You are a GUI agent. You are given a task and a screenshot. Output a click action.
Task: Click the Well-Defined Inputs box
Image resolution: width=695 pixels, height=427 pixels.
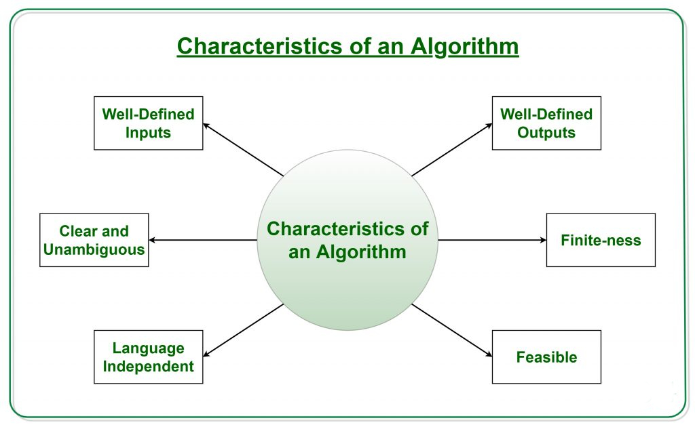[x=148, y=123]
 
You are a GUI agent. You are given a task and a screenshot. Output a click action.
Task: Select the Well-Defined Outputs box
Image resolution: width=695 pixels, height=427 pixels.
[x=546, y=123]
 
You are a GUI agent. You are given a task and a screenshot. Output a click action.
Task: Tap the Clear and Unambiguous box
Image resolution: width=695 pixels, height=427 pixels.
[x=94, y=240]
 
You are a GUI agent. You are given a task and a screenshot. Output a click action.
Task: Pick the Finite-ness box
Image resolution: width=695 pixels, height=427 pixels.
[x=601, y=240]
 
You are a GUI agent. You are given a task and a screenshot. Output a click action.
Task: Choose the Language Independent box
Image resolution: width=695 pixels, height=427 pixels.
[x=148, y=357]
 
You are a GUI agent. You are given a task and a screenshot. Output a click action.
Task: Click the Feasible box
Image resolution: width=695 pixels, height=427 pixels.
[x=546, y=357]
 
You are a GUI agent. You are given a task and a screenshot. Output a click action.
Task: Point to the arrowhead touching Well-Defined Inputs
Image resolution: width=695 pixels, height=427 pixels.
[x=207, y=125]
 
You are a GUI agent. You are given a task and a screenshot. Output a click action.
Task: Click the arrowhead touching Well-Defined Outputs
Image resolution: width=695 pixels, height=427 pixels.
[x=489, y=125]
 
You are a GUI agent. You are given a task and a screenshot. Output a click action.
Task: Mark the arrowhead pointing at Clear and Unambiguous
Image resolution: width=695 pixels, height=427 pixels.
[x=153, y=240]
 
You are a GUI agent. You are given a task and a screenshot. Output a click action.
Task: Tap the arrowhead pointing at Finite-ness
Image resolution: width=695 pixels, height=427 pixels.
[x=542, y=240]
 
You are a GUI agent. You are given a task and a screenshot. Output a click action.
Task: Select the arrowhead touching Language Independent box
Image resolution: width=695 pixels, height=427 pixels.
[x=207, y=354]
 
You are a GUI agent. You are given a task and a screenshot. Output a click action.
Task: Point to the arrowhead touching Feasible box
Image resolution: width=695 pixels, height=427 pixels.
[x=488, y=354]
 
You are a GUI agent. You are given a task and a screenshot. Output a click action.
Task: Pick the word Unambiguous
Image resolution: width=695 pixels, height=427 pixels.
[x=94, y=249]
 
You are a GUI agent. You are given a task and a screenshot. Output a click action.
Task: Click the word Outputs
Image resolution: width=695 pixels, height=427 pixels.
[x=546, y=132]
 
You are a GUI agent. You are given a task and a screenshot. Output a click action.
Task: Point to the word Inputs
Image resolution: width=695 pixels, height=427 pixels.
[x=148, y=132]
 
